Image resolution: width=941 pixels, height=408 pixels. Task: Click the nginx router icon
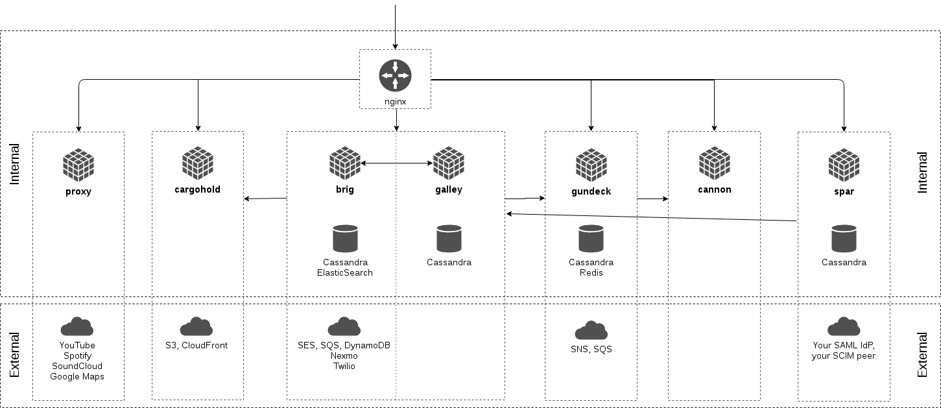[395, 76]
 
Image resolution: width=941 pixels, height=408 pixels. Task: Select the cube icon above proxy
[78, 165]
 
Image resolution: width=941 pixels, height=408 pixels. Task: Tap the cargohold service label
[197, 189]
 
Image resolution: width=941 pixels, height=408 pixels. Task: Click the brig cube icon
[345, 163]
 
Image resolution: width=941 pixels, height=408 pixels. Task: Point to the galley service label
[449, 189]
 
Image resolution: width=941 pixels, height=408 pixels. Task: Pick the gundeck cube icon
[591, 165]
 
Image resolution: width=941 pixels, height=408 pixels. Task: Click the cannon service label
[715, 189]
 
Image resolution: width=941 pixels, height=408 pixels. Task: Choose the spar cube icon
[844, 165]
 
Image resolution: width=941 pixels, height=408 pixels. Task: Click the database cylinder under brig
[345, 239]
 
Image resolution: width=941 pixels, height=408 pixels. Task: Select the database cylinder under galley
[449, 239]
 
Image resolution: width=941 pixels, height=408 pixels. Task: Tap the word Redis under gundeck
[591, 272]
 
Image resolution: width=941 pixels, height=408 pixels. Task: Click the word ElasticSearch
[345, 272]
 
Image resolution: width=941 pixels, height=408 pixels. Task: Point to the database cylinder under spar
[844, 239]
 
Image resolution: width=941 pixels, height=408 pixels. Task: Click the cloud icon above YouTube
[77, 326]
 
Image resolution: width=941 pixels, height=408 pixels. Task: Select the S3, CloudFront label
[197, 345]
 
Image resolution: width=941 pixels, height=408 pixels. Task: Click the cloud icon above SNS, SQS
[591, 330]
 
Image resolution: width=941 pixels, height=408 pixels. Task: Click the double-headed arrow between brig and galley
[397, 163]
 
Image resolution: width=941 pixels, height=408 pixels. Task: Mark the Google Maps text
[77, 376]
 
